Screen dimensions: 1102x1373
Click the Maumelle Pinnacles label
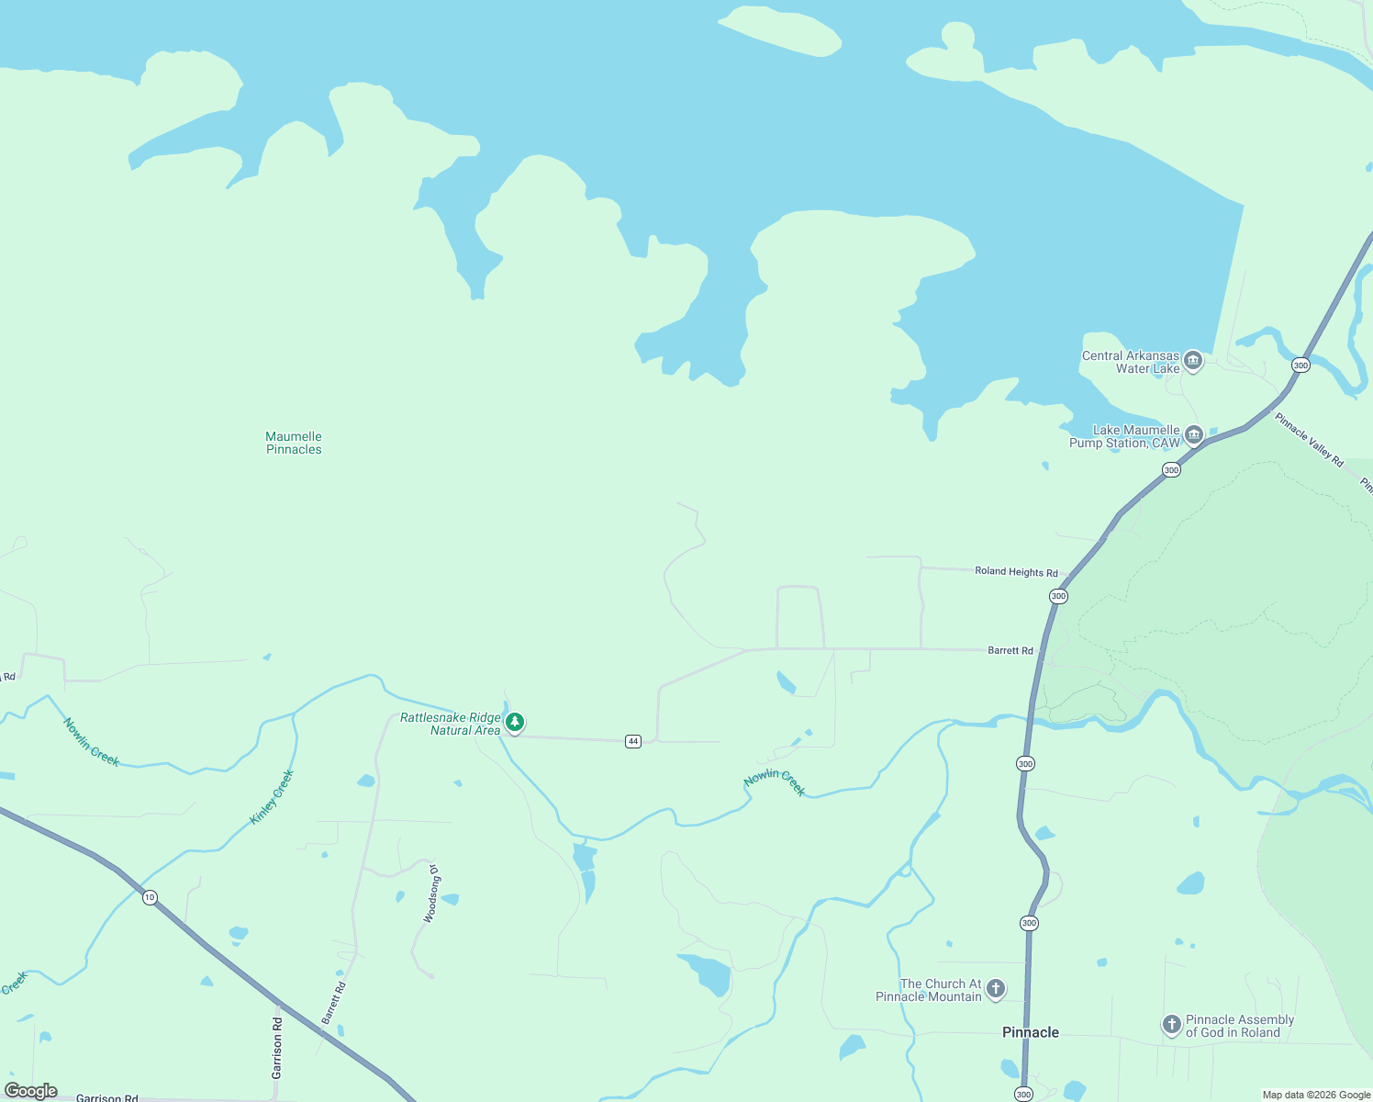point(294,443)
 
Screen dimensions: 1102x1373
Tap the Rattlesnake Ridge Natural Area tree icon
point(516,723)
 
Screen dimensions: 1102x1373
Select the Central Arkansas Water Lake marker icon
point(1193,360)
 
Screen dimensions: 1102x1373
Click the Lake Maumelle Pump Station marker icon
point(1194,434)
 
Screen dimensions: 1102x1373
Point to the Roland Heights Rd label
point(1016,571)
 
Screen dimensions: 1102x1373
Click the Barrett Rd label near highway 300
point(1010,650)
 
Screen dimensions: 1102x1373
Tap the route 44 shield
point(632,741)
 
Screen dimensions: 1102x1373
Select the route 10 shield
point(150,897)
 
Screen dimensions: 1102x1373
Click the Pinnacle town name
point(1030,1032)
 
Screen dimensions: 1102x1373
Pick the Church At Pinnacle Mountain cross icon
point(996,989)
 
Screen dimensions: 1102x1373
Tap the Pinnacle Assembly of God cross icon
point(1171,1024)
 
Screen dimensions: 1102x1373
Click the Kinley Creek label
point(272,797)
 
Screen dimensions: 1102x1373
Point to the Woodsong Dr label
point(430,894)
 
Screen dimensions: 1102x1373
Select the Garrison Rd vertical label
point(277,1047)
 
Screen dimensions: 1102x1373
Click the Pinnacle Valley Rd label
point(1309,440)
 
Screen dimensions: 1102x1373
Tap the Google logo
point(31,1091)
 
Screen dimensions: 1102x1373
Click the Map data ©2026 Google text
point(1316,1095)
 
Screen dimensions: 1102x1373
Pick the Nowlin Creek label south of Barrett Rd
point(775,782)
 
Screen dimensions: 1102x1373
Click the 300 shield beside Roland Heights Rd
point(1058,596)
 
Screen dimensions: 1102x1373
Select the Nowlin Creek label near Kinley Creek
point(91,742)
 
